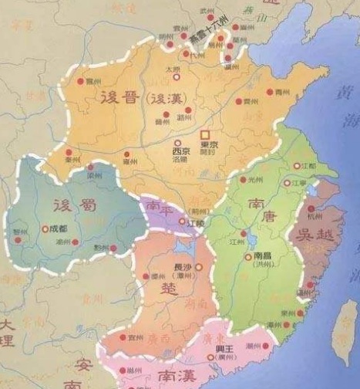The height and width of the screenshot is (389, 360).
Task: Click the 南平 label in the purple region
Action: (159, 208)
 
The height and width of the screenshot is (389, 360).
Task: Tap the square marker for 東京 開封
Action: (205, 134)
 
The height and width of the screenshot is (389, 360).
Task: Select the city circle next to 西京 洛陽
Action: (178, 143)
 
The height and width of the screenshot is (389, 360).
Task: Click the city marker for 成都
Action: (44, 229)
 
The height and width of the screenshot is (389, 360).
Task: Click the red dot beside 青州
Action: (271, 92)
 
